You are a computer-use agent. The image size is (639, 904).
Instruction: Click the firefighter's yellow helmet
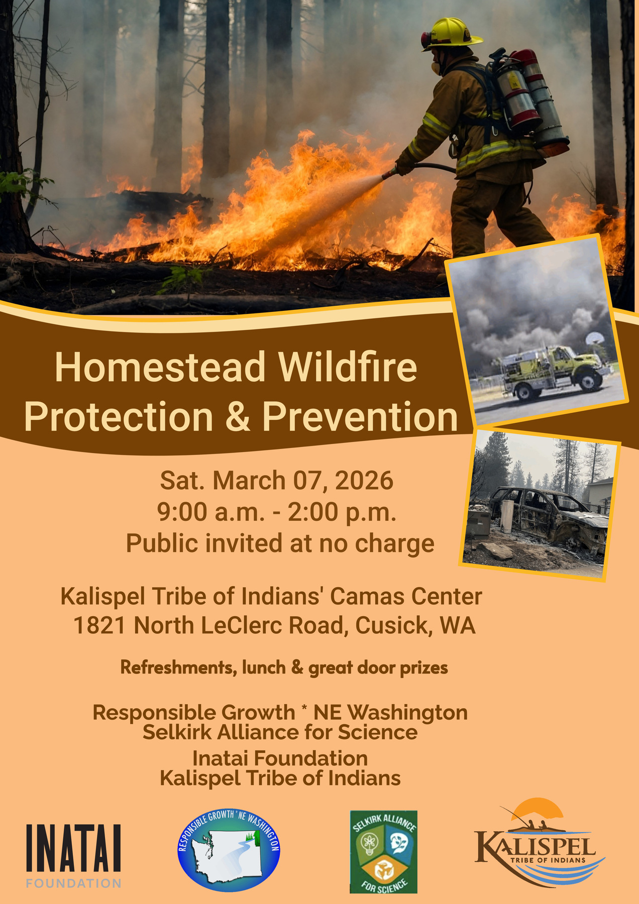(451, 34)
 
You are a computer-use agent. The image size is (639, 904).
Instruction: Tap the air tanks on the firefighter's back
(532, 100)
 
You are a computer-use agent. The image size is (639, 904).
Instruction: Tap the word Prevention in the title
(360, 416)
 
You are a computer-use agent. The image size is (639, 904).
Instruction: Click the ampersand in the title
(237, 416)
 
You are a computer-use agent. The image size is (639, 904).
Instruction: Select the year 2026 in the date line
(364, 481)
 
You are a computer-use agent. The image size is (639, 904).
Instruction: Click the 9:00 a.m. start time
(211, 512)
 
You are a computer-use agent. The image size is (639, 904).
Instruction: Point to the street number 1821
(99, 626)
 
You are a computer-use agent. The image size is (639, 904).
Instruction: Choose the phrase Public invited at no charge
(280, 544)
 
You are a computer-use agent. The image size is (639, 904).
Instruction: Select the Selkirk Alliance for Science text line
(280, 732)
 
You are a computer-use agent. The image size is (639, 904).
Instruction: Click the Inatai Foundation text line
(280, 758)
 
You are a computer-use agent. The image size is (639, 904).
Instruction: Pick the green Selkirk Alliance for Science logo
(383, 852)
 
